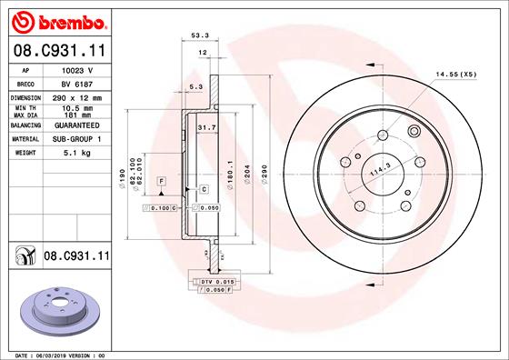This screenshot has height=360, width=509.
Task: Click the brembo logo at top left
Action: (x=56, y=21)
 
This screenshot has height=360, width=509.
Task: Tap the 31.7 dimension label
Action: (x=206, y=128)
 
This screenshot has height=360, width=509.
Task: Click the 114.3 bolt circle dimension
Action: (x=380, y=170)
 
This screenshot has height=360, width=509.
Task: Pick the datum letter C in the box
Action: (x=204, y=189)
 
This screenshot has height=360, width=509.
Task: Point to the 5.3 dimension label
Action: (x=195, y=87)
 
